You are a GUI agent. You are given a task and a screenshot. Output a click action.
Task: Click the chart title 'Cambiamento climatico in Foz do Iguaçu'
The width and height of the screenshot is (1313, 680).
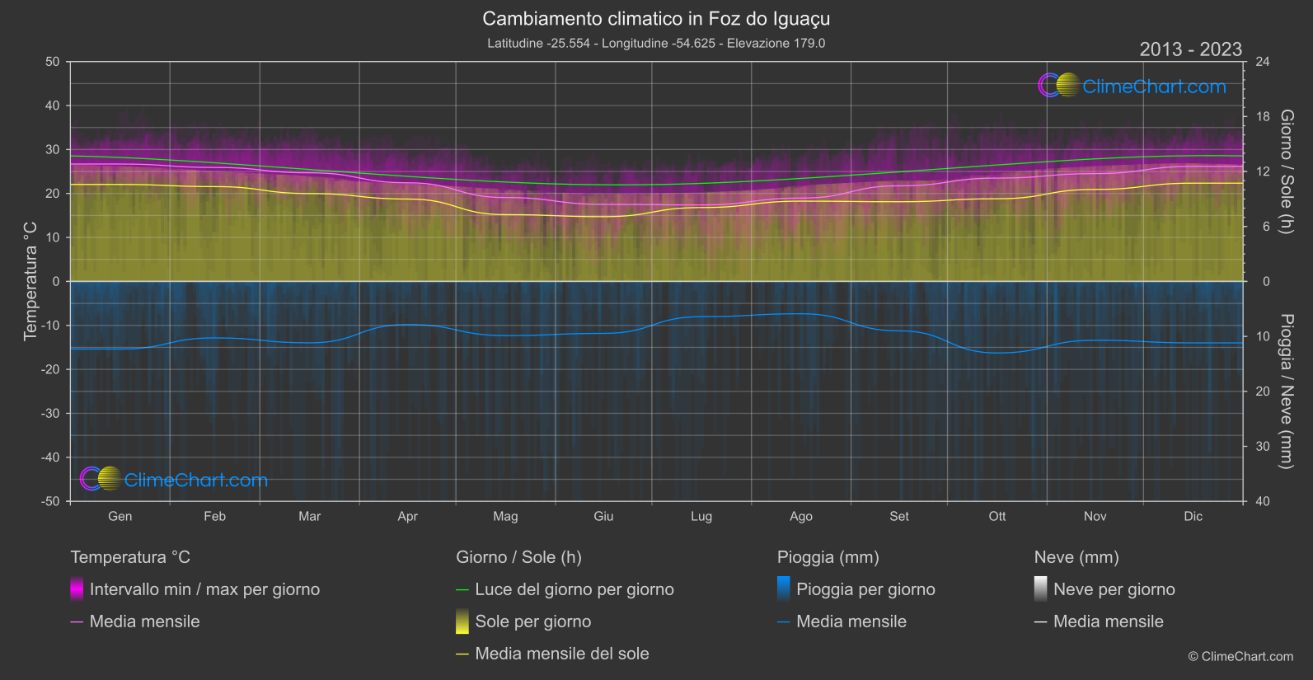[656, 18]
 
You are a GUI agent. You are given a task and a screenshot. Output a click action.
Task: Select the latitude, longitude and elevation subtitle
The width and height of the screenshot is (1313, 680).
[656, 43]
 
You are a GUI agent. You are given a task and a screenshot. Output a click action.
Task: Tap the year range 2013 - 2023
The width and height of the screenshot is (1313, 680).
[1190, 49]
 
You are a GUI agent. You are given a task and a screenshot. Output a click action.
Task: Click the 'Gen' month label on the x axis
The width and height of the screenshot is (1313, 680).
[120, 516]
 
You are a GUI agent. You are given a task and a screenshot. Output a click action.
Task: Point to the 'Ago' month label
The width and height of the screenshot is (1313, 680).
[801, 516]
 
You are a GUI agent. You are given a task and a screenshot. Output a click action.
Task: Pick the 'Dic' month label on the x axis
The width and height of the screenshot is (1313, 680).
[1193, 516]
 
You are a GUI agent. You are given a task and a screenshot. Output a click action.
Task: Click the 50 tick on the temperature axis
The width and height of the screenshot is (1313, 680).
[53, 62]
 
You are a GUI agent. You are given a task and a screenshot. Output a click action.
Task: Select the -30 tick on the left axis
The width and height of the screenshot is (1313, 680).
[50, 413]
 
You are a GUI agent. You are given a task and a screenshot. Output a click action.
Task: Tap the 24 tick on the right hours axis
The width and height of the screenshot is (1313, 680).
[1262, 62]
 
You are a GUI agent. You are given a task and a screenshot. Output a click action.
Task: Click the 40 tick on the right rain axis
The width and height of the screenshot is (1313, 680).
[1262, 501]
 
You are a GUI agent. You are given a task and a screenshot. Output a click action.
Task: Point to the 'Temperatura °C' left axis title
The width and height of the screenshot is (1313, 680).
[30, 281]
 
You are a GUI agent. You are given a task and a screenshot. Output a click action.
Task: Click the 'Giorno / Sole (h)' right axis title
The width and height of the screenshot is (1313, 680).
[1286, 171]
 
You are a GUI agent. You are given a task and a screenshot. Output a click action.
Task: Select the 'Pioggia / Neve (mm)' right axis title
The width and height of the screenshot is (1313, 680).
[1286, 392]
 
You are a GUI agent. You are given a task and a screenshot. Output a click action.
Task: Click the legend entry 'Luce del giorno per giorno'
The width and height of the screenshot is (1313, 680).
[574, 589]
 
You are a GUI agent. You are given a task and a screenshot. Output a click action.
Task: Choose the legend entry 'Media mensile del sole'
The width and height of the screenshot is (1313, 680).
[562, 654]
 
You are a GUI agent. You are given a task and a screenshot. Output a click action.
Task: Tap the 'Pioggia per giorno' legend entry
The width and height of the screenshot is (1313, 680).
[865, 589]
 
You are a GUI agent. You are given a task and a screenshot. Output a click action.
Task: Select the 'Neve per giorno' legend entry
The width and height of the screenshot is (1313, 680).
[1114, 589]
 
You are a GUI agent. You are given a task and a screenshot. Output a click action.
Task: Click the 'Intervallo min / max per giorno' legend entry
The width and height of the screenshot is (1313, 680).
[204, 589]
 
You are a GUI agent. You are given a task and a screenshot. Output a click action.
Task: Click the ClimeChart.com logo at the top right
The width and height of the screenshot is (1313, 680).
[1132, 86]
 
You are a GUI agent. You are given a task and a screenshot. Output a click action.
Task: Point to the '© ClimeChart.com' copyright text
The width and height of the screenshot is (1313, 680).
[1240, 656]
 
